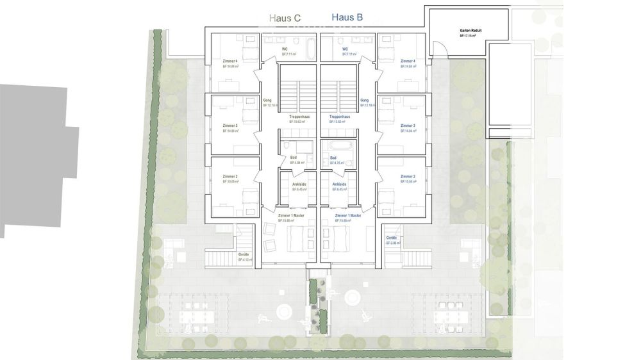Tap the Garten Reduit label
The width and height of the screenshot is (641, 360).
coord(470,31)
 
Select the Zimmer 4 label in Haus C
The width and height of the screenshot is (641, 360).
coord(230,61)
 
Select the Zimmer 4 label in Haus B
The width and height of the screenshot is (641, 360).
coord(408,61)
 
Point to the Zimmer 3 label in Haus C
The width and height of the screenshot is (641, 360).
coord(230,126)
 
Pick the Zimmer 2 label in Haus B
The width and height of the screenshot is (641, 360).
coord(408,176)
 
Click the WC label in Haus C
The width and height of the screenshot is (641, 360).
coord(285,49)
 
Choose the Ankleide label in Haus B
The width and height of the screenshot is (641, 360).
coord(340,184)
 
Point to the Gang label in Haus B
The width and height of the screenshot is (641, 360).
coord(364,101)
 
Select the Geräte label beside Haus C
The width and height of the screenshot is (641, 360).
coord(245,254)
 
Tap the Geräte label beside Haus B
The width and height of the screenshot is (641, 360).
coord(392,238)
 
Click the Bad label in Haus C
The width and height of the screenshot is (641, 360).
coord(293,158)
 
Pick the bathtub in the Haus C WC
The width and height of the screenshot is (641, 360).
coord(308,48)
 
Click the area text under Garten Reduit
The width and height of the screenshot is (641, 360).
coord(470,37)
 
